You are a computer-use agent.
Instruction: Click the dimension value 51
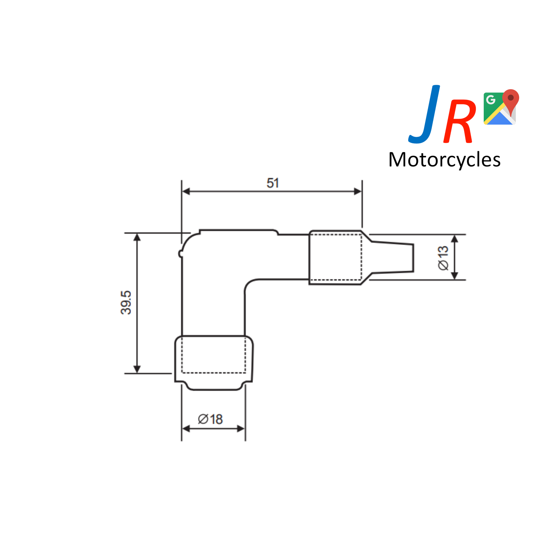click(x=273, y=183)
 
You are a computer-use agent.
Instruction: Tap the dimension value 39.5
click(x=126, y=303)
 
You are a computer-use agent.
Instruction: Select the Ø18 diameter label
click(x=210, y=419)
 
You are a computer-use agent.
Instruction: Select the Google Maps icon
click(x=499, y=108)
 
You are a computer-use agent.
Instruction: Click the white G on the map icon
click(x=491, y=99)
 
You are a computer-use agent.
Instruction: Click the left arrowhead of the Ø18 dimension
click(x=186, y=429)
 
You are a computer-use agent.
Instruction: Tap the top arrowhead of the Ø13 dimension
click(x=455, y=239)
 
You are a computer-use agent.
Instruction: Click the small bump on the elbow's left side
click(x=180, y=253)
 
